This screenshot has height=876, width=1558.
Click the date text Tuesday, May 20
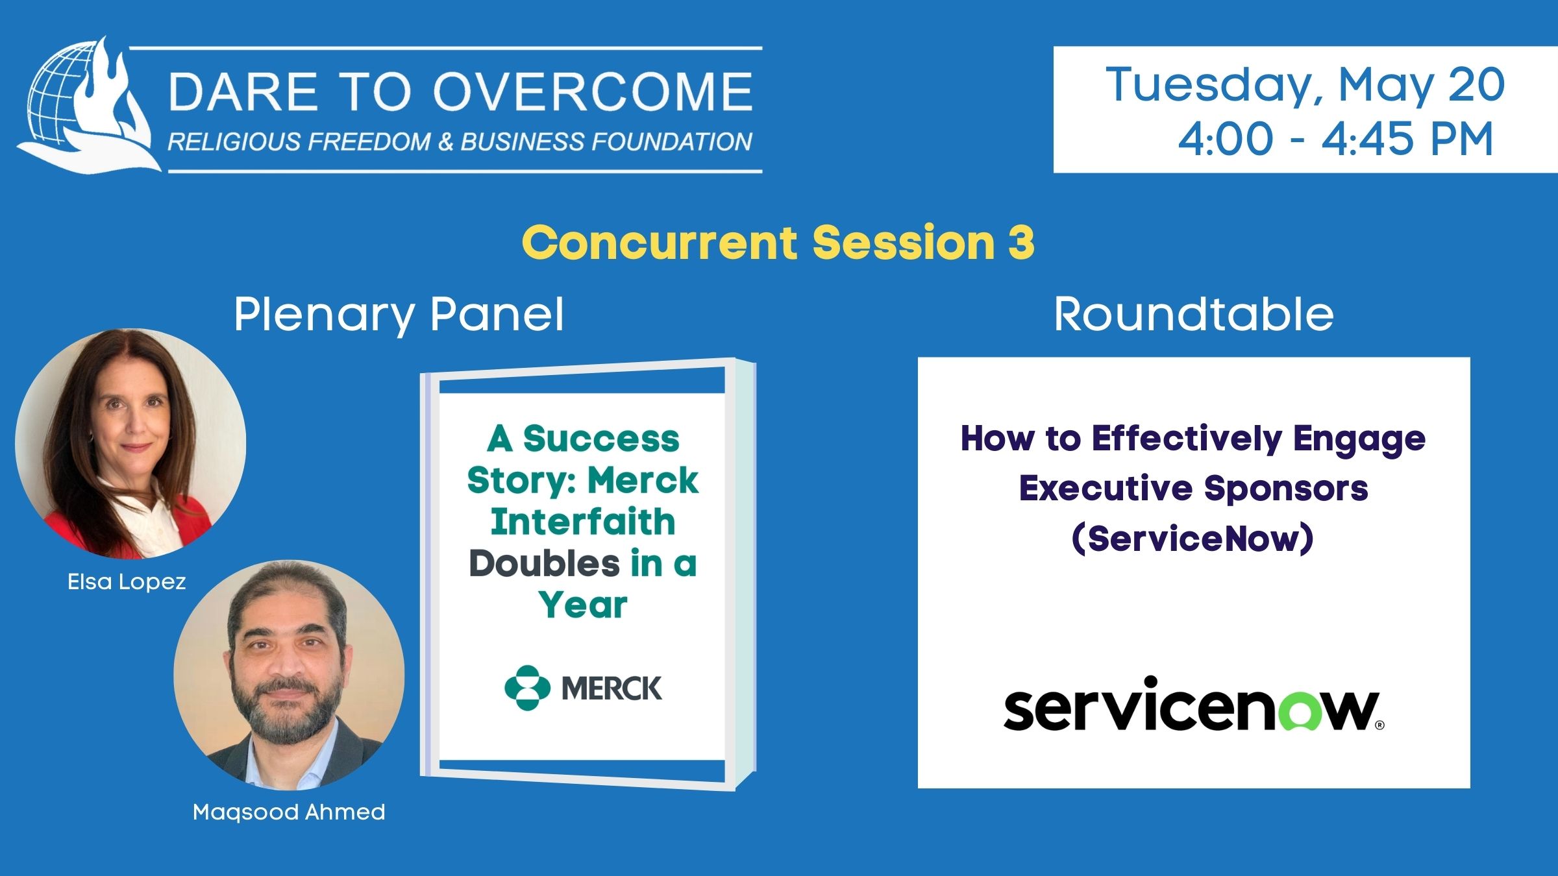[1305, 85]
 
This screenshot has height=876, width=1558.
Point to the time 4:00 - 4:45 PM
[1336, 139]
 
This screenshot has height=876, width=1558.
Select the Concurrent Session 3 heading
[778, 242]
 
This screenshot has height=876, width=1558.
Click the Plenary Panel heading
[399, 315]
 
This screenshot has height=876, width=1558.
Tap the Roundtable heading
[1193, 314]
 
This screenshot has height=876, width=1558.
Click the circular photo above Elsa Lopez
[130, 444]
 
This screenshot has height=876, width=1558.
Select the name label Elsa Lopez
[127, 582]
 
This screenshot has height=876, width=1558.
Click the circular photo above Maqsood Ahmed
[289, 675]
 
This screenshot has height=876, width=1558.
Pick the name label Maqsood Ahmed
[289, 812]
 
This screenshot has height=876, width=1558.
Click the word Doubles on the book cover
[544, 563]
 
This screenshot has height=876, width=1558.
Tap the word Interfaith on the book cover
[583, 522]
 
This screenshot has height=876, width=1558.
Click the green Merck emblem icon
[527, 688]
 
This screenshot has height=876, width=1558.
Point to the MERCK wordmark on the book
[612, 688]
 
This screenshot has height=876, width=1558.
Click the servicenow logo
[1193, 704]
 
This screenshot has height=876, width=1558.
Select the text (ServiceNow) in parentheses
[1193, 539]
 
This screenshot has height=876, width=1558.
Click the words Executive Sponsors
[1193, 488]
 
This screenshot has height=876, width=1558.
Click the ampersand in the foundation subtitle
[445, 142]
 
